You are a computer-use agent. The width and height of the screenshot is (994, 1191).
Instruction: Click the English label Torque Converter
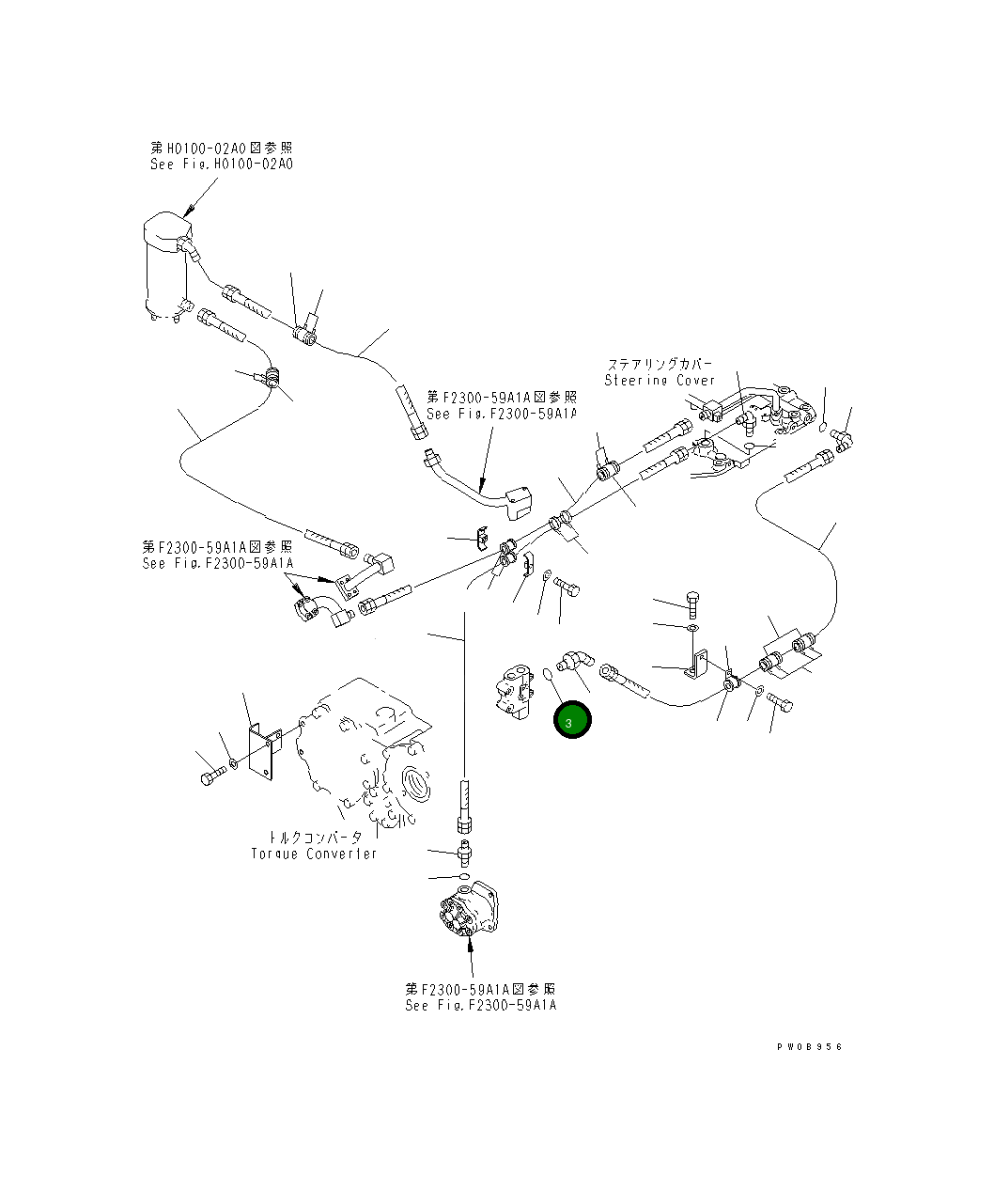click(314, 854)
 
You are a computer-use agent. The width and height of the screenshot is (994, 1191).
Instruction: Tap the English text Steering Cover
click(659, 381)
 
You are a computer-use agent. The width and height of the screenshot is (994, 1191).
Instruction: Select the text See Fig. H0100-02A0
click(221, 164)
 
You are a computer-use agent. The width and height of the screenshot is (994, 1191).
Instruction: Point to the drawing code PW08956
click(809, 1046)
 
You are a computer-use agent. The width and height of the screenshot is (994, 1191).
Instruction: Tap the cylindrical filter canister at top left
click(165, 268)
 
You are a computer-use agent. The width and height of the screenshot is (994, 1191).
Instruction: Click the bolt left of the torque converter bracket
click(210, 776)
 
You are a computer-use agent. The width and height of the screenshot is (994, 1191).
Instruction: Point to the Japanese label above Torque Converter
click(314, 837)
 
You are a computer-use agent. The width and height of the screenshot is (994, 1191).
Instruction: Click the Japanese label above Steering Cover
click(659, 364)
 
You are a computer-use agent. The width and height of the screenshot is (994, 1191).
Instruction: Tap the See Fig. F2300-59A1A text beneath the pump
click(480, 1005)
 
